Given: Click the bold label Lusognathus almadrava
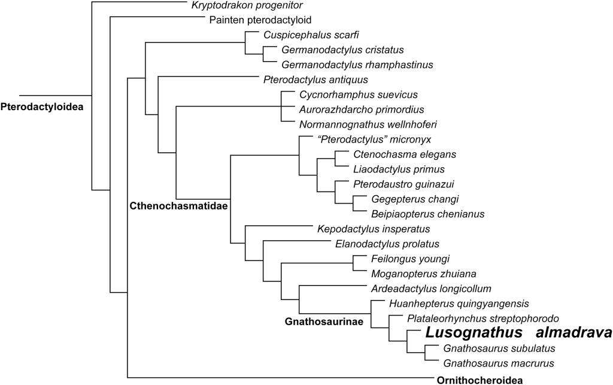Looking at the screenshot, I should tap(518, 333).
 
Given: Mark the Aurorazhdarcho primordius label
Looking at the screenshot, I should tap(361, 109).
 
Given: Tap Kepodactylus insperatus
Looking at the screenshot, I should tap(374, 229).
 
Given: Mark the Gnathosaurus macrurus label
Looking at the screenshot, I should tap(498, 363).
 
